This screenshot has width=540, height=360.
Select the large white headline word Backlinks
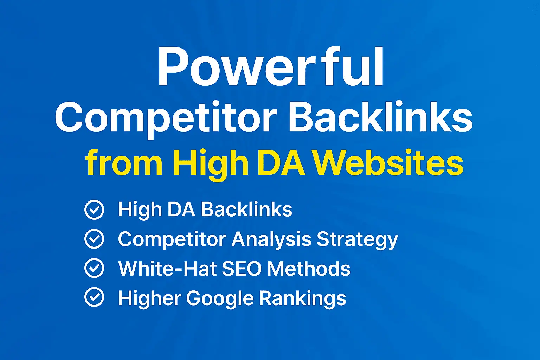click(x=380, y=117)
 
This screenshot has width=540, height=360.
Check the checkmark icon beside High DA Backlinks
click(x=94, y=210)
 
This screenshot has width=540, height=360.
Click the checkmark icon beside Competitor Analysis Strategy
click(x=94, y=239)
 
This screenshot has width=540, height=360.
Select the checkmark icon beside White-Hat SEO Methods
click(x=94, y=269)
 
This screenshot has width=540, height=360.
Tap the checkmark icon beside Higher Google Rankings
click(x=94, y=298)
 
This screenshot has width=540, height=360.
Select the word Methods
click(x=309, y=269)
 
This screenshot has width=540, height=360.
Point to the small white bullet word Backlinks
click(x=246, y=210)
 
